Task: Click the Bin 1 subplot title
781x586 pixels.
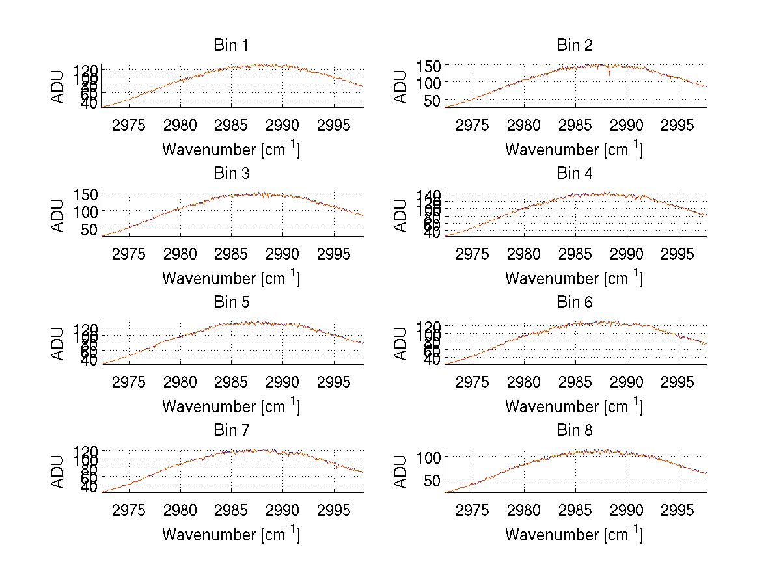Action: (231, 46)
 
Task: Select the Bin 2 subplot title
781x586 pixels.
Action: (575, 46)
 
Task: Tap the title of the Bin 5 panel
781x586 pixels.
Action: (231, 302)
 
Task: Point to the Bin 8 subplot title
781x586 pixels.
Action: (575, 431)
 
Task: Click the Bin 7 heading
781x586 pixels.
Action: (231, 431)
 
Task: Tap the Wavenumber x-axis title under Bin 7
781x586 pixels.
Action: (231, 535)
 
